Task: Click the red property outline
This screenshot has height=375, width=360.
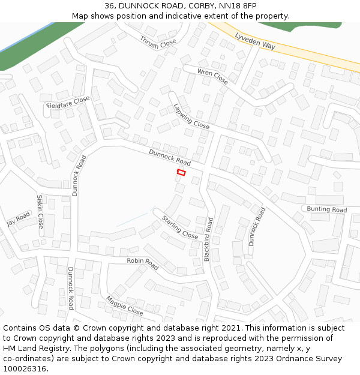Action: point(181,173)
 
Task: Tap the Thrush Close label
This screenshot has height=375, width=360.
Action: point(158,42)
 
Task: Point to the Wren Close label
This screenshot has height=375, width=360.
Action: point(213,76)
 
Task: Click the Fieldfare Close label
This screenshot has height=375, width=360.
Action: point(68,103)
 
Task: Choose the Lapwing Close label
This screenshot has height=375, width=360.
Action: point(191,116)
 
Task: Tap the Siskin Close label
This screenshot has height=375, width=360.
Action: point(40,211)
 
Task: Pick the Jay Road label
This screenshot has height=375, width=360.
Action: point(19,219)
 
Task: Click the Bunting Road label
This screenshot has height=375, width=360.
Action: point(327,209)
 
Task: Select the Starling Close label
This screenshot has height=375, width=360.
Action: point(180,227)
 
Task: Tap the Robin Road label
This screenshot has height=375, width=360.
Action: point(142,263)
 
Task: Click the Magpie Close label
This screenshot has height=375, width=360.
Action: point(125,305)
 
